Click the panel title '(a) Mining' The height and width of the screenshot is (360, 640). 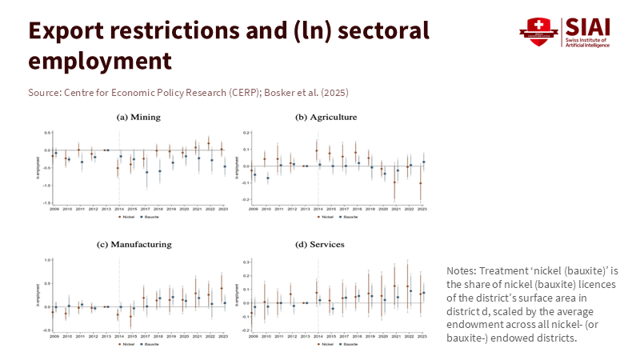pos(138,118)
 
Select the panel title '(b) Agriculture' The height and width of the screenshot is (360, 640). pos(326,118)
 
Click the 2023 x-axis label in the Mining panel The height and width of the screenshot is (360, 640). pos(223,208)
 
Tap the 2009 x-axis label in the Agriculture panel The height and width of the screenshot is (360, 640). pos(253,208)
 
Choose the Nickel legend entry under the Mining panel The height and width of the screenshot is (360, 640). pos(126,216)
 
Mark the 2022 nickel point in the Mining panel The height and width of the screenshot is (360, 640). pos(209,144)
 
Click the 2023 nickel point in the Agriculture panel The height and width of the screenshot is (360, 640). pos(420,183)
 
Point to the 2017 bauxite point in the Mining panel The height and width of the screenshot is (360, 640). pos(146,172)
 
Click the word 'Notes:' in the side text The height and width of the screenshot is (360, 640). pos(462,270)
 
